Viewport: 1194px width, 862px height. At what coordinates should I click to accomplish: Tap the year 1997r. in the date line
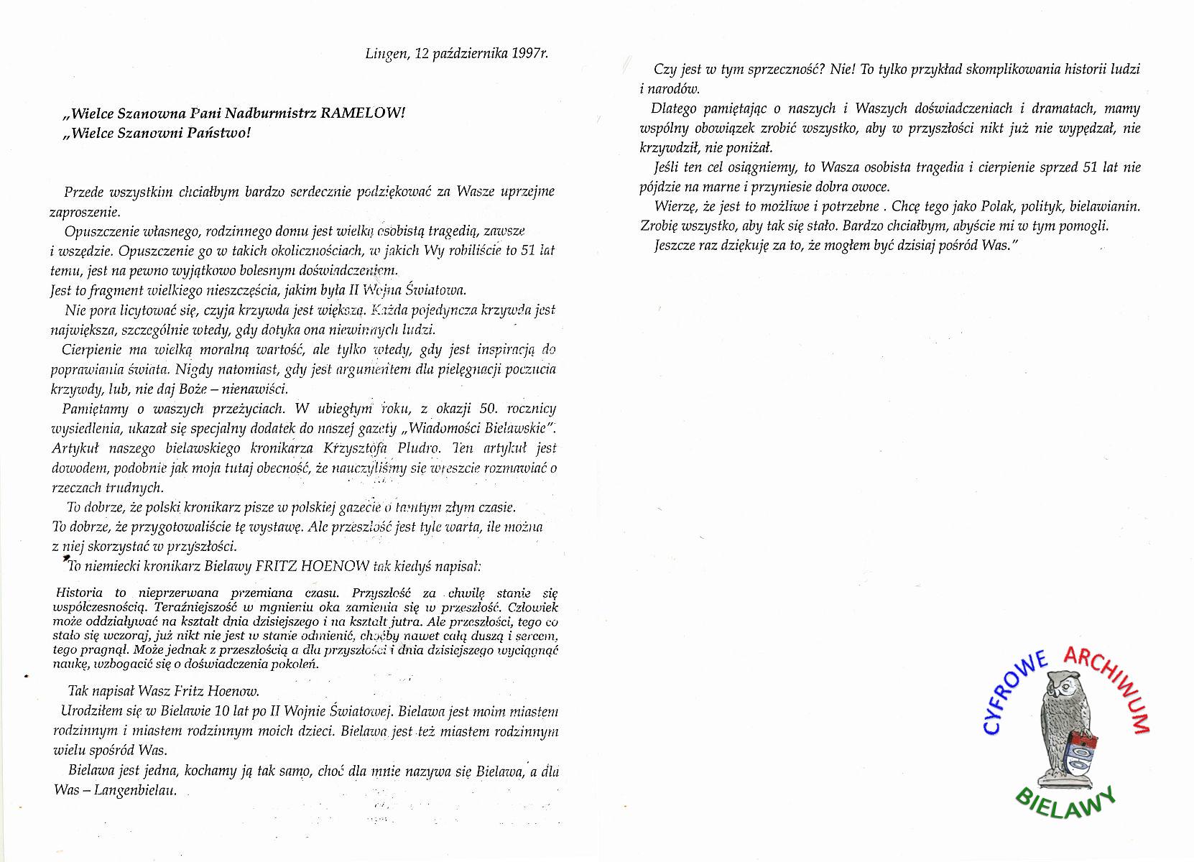point(531,54)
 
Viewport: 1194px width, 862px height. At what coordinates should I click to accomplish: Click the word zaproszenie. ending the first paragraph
point(85,212)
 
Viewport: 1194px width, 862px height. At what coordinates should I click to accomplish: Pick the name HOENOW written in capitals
point(336,566)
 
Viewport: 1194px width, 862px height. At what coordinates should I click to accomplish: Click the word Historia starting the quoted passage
point(80,593)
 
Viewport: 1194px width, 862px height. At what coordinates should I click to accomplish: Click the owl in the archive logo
point(1062,726)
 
